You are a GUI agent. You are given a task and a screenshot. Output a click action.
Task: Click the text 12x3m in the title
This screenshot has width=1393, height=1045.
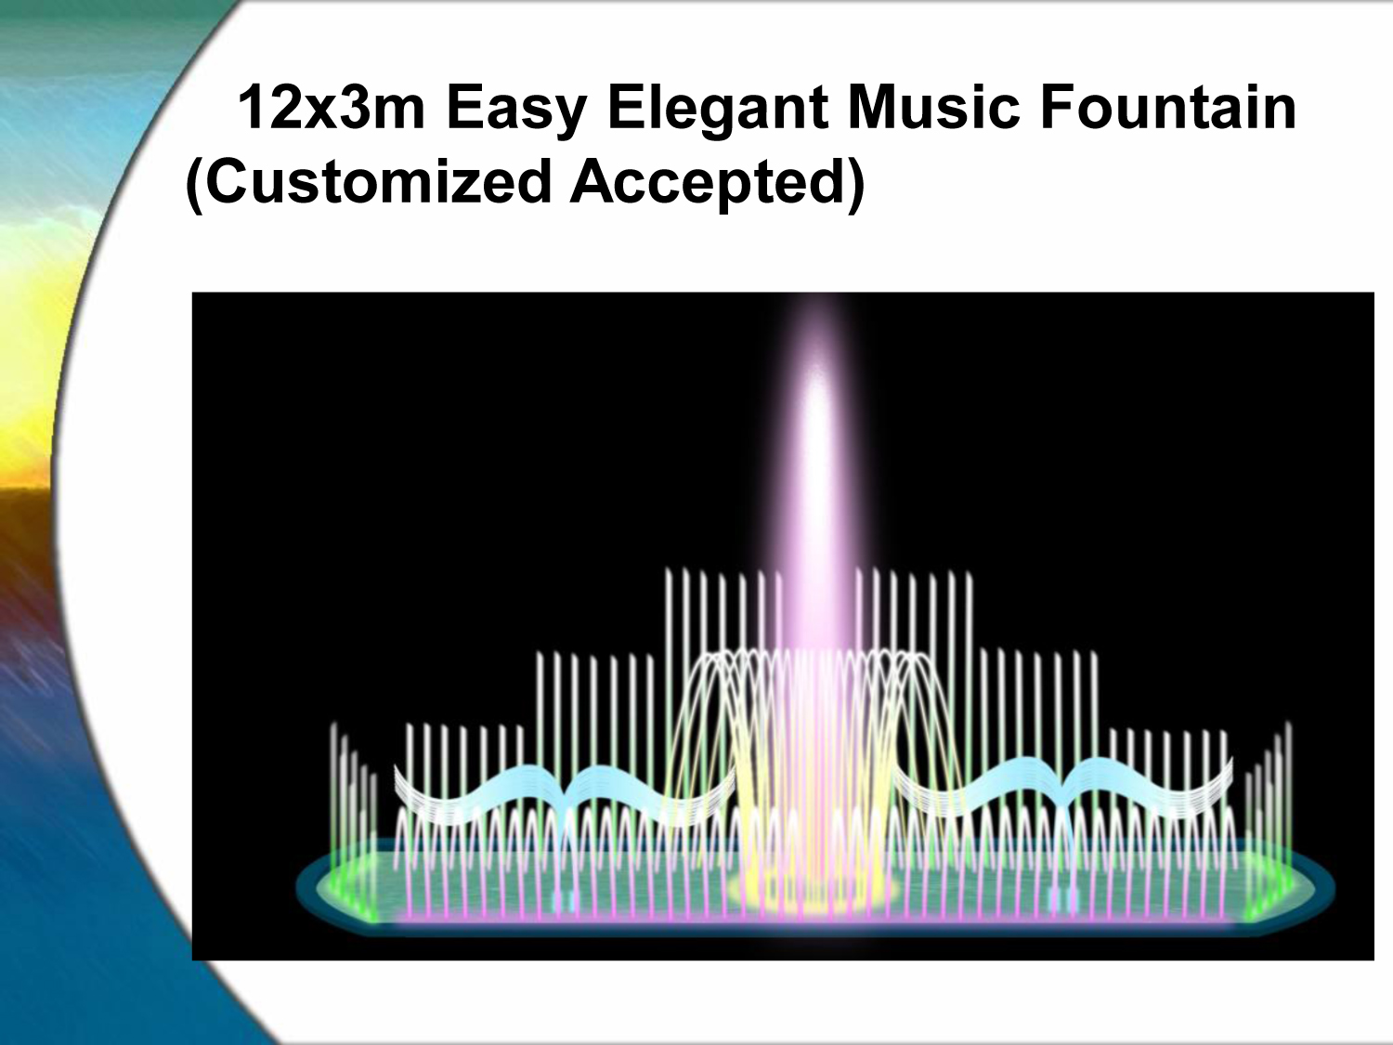click(x=331, y=108)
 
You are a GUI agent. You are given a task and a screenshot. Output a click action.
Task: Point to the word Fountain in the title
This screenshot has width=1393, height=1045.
click(x=1168, y=108)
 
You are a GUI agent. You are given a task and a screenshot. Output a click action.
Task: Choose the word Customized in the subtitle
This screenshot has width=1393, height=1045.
click(x=378, y=182)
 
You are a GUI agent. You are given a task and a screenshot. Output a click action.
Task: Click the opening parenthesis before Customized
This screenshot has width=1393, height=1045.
click(x=193, y=186)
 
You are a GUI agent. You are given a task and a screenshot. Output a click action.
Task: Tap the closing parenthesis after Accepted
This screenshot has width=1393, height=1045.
click(x=857, y=186)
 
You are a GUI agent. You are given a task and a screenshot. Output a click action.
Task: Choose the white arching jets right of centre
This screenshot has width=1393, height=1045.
click(x=901, y=711)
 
